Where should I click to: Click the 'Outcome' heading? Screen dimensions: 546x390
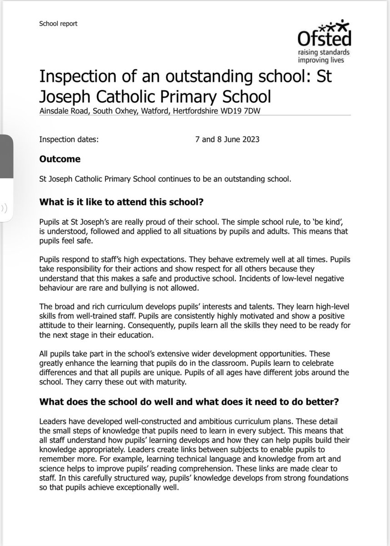click(x=60, y=159)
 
